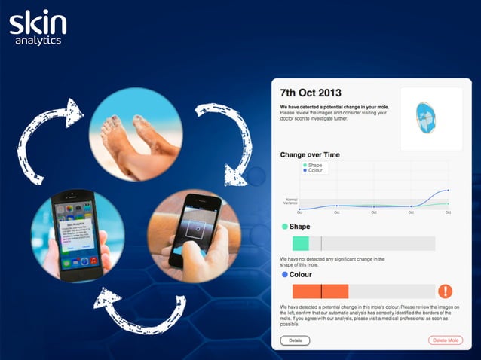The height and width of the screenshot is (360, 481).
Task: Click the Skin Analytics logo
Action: pos(37,26)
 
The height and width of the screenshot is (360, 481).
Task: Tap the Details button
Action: pos(295,340)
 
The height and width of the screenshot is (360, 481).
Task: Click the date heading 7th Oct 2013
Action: pos(311,93)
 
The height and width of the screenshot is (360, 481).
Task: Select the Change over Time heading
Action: pos(310,154)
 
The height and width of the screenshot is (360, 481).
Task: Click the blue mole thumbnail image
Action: pos(430,117)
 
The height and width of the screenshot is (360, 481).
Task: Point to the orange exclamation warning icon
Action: pos(446,291)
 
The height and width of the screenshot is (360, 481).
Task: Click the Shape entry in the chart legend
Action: pos(313,165)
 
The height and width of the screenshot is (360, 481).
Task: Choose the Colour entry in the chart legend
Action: pos(314,171)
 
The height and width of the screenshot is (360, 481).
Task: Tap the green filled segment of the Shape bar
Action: pos(301,243)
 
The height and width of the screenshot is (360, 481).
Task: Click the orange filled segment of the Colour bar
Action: pos(320,291)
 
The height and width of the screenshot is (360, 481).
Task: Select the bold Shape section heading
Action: pos(299,226)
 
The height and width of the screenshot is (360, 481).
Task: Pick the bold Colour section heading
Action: pos(300,275)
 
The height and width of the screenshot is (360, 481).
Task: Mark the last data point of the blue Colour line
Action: pos(449,191)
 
